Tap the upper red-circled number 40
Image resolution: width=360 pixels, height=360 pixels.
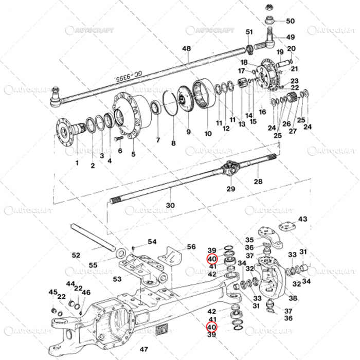(212, 259)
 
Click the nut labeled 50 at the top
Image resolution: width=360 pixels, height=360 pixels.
(270, 21)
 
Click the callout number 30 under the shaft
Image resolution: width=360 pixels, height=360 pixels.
(170, 205)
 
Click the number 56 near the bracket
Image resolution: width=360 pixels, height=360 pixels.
(191, 247)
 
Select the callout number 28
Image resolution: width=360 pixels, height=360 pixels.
(258, 182)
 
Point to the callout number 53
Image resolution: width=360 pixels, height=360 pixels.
(117, 279)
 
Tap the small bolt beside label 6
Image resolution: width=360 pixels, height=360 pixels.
(118, 139)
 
